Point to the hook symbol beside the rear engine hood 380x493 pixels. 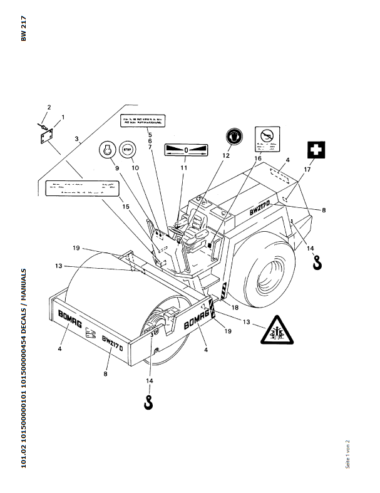pyautogui.click(x=317, y=261)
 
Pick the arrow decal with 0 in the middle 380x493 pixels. pyautogui.click(x=186, y=150)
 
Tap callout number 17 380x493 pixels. pyautogui.click(x=307, y=169)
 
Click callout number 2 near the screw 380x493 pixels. pyautogui.click(x=49, y=108)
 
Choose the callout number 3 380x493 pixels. pyautogui.click(x=76, y=139)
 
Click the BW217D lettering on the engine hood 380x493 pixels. pyautogui.click(x=259, y=208)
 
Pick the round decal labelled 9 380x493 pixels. pyautogui.click(x=108, y=151)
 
